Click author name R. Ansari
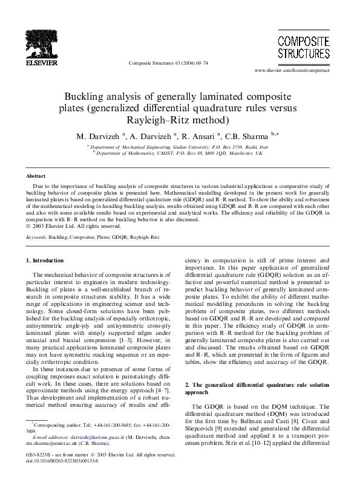pyautogui.click(x=197, y=136)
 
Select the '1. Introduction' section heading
pyautogui.click(x=44, y=261)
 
